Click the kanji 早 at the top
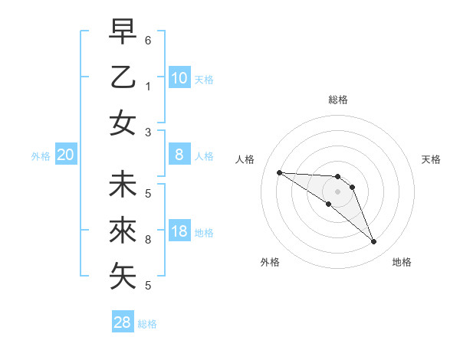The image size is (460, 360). tap(123, 32)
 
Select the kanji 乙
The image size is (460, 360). tap(123, 78)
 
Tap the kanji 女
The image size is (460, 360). tap(123, 123)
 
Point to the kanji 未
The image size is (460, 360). tap(123, 185)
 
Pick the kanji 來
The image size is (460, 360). tap(123, 231)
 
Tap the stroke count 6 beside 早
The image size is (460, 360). tap(148, 40)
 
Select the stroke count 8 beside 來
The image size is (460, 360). tap(148, 240)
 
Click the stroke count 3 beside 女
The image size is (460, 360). tap(148, 132)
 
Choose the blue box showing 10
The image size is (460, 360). tap(179, 78)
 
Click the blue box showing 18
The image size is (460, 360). tap(179, 232)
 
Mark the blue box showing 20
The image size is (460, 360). tap(66, 155)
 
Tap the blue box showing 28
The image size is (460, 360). tap(123, 322)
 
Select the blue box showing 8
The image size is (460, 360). tap(179, 155)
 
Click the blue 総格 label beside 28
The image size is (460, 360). tap(147, 324)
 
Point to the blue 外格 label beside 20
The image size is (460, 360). tap(41, 156)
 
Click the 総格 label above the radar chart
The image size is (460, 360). tap(337, 100)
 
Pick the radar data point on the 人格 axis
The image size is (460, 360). tap(279, 172)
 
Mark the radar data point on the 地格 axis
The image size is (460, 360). tap(374, 242)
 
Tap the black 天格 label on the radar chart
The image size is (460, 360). tap(432, 159)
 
